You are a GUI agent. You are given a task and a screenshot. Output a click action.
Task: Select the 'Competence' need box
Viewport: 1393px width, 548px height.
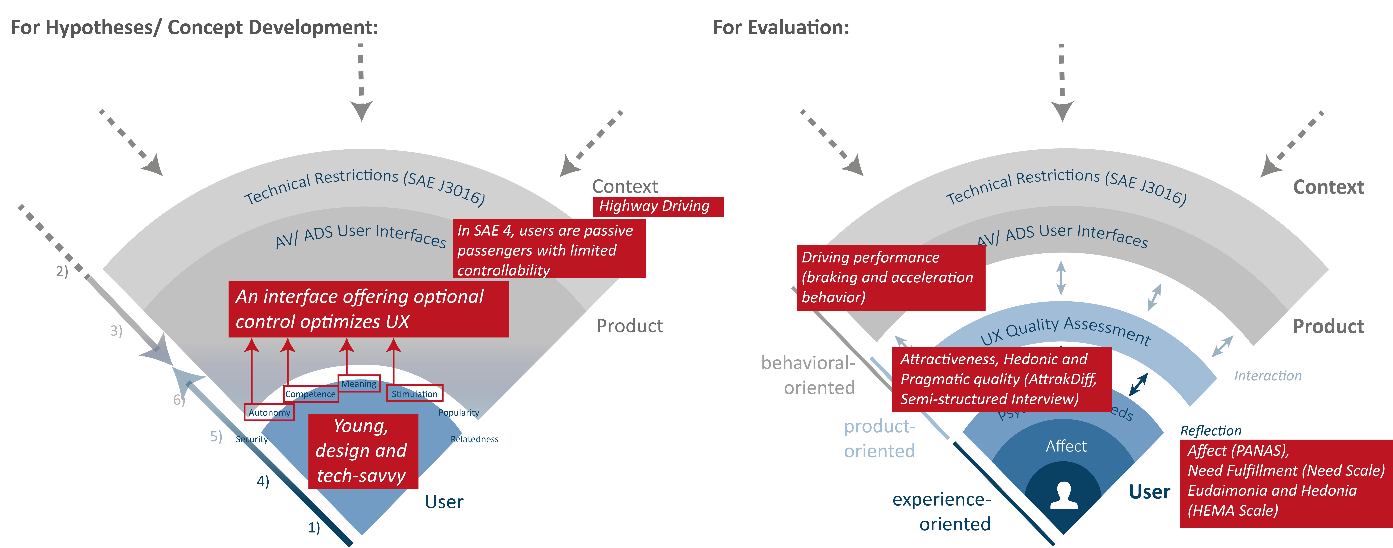[x=310, y=394]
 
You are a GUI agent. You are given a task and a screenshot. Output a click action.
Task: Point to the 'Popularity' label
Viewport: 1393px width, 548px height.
[x=459, y=412]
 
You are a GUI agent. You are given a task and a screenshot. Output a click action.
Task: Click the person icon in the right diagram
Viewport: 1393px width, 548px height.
[x=1063, y=495]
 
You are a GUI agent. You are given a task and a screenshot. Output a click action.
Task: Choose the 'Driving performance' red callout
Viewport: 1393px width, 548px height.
[x=890, y=278]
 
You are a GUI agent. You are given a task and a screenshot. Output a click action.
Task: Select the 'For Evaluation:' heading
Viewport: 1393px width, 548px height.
[x=781, y=27]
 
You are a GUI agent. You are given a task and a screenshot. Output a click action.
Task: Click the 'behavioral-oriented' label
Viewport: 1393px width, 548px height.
[x=808, y=375]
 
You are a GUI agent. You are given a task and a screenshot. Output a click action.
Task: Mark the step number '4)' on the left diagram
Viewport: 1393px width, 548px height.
[x=263, y=481]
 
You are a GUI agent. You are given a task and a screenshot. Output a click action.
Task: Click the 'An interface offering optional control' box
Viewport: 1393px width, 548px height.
[x=368, y=309]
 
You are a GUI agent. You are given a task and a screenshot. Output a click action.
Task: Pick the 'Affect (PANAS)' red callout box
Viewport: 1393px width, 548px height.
[x=1285, y=480]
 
